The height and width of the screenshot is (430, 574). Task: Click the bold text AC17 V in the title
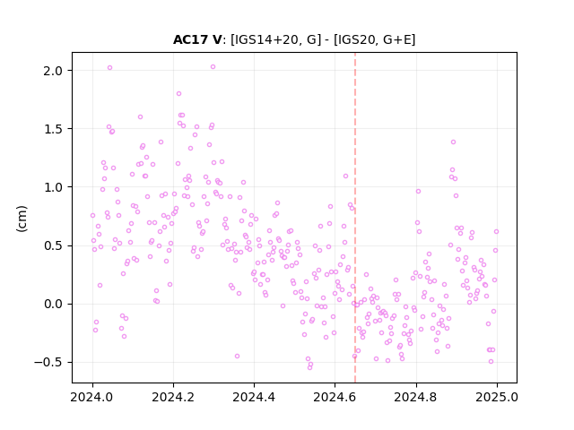tap(197, 39)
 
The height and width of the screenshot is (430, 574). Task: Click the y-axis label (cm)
tap(22, 219)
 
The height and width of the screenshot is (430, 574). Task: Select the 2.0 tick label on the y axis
tap(53, 71)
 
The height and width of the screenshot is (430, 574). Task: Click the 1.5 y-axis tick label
tap(53, 129)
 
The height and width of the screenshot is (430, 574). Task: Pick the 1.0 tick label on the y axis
tap(53, 187)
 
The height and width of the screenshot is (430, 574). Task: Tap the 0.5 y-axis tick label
tap(53, 245)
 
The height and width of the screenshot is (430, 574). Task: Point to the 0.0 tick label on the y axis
tap(53, 305)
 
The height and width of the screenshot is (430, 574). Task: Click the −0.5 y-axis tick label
tap(48, 362)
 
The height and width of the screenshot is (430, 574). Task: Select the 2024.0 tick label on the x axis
tap(92, 397)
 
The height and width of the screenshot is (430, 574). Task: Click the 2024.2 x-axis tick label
tap(173, 397)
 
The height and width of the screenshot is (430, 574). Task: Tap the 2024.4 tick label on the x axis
tap(254, 397)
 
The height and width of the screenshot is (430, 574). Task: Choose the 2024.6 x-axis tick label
tap(335, 397)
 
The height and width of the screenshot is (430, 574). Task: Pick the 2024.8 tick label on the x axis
tap(415, 397)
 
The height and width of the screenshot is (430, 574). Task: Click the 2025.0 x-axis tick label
tap(497, 397)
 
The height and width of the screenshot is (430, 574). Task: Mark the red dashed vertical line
tap(355, 218)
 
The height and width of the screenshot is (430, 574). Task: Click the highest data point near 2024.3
tap(213, 67)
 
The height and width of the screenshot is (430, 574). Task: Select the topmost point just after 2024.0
tap(109, 68)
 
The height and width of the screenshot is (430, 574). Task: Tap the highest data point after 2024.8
tap(453, 142)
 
